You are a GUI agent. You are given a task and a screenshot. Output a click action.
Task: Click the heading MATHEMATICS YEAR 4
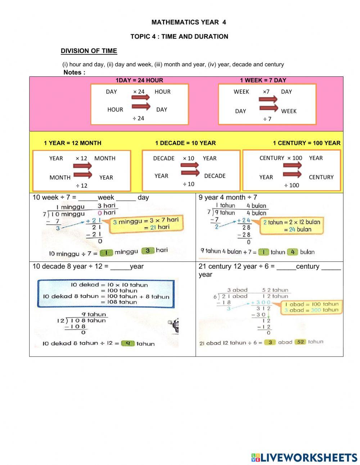pyautogui.click(x=189, y=22)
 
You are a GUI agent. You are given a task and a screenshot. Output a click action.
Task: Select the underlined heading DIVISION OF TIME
pyautogui.click(x=89, y=51)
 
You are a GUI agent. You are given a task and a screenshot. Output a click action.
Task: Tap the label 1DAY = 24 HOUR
pyautogui.click(x=139, y=80)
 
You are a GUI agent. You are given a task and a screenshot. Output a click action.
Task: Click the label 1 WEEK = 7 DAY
pyautogui.click(x=263, y=80)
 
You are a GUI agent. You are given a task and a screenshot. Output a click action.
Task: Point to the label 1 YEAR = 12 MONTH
pyautogui.click(x=72, y=143)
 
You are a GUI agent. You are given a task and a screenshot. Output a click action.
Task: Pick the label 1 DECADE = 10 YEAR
pyautogui.click(x=185, y=143)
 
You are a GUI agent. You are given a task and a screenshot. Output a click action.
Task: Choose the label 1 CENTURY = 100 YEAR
pyautogui.click(x=306, y=143)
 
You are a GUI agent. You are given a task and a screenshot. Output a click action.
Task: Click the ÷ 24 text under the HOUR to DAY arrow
pyautogui.click(x=138, y=118)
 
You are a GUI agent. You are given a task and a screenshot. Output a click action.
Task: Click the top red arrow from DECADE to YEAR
pyautogui.click(x=190, y=165)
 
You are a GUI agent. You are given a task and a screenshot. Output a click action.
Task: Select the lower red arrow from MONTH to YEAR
pyautogui.click(x=82, y=175)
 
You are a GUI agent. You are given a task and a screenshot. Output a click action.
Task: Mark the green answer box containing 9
pyautogui.click(x=127, y=343)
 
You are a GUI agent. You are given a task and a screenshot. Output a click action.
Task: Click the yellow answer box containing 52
pyautogui.click(x=300, y=342)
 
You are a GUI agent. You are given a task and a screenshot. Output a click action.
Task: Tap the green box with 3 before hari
pyautogui.click(x=147, y=250)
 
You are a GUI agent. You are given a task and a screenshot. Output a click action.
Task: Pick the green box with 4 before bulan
pyautogui.click(x=292, y=252)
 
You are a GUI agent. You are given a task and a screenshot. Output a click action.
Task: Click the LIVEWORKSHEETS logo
pyautogui.click(x=304, y=457)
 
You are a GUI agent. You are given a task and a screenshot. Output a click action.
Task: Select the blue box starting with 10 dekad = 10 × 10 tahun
pyautogui.click(x=105, y=294)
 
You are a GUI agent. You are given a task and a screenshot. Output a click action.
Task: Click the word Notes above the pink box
pyautogui.click(x=74, y=72)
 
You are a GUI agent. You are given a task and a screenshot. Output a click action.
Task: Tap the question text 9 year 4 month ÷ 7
pyautogui.click(x=228, y=197)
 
